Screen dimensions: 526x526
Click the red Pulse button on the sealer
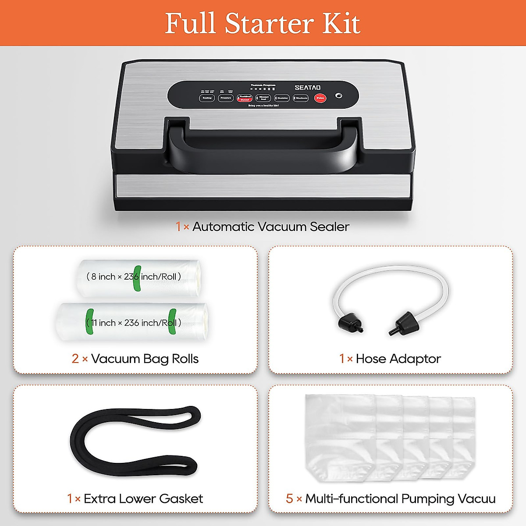click(x=320, y=98)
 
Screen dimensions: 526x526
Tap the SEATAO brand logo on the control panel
click(x=308, y=88)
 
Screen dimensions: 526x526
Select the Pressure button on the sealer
click(x=226, y=98)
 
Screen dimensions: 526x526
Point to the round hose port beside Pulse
click(x=338, y=96)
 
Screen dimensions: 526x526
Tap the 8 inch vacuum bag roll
click(x=139, y=277)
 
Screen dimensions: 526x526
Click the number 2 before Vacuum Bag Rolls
click(x=75, y=359)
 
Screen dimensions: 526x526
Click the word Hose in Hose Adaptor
click(x=371, y=359)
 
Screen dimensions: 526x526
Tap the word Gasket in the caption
click(x=181, y=499)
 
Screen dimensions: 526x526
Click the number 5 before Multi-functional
click(x=289, y=499)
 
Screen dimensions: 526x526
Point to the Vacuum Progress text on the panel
click(x=263, y=85)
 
